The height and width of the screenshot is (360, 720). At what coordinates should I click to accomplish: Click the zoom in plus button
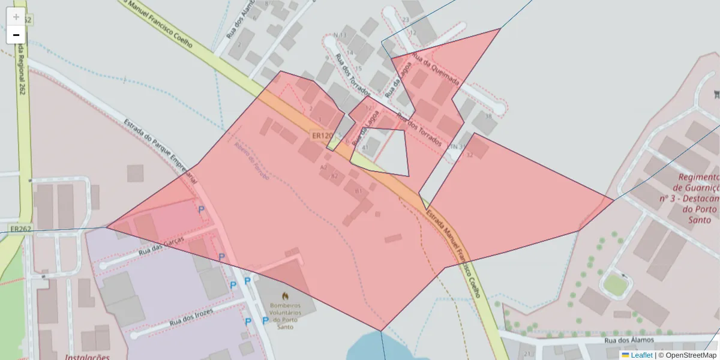[x=16, y=17]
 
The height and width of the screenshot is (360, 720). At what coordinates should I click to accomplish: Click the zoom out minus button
[x=16, y=35]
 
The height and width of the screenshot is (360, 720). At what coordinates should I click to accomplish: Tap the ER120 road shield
[x=322, y=136]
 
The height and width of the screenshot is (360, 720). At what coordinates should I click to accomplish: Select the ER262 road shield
[x=20, y=229]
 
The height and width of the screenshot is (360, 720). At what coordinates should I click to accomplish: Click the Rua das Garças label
[x=160, y=245]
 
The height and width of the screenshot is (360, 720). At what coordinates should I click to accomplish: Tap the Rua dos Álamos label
[x=629, y=341]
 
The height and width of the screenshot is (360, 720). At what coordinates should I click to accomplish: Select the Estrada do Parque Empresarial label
[x=160, y=150]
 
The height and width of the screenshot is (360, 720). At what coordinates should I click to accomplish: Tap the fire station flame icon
[x=285, y=296]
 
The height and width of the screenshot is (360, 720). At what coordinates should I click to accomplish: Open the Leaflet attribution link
[x=641, y=355]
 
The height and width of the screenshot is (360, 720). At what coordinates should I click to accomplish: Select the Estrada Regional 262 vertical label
[x=22, y=72]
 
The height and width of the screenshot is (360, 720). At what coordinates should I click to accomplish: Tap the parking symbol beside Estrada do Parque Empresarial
[x=202, y=209]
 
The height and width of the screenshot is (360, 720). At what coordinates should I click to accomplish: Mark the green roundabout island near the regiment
[x=615, y=284]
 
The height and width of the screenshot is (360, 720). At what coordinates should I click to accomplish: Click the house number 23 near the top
[x=406, y=20]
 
